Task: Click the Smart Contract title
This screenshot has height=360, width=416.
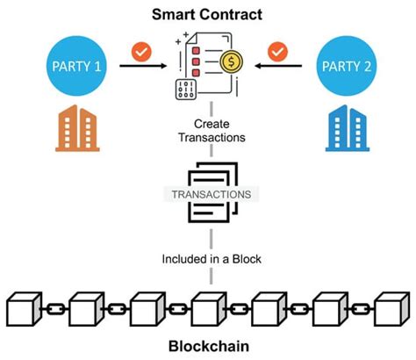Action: tap(208, 15)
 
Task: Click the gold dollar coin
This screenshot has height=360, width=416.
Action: tap(233, 64)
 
